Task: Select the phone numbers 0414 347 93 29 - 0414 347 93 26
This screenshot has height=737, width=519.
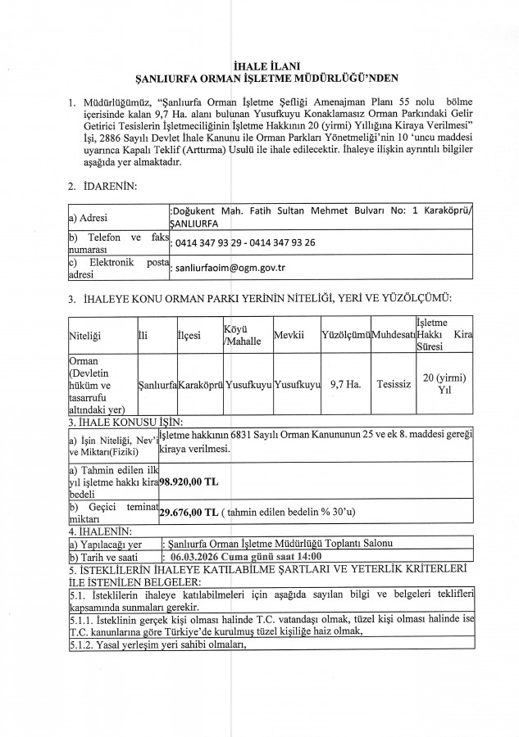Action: (x=245, y=242)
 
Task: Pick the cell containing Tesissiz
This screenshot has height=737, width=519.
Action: (x=393, y=382)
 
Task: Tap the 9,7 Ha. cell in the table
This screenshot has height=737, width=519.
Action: (x=345, y=382)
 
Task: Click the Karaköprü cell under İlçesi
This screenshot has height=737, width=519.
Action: (x=200, y=383)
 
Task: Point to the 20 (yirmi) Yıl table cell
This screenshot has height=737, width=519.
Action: (x=444, y=383)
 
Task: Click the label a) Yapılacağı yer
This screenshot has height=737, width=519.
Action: (x=107, y=544)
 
